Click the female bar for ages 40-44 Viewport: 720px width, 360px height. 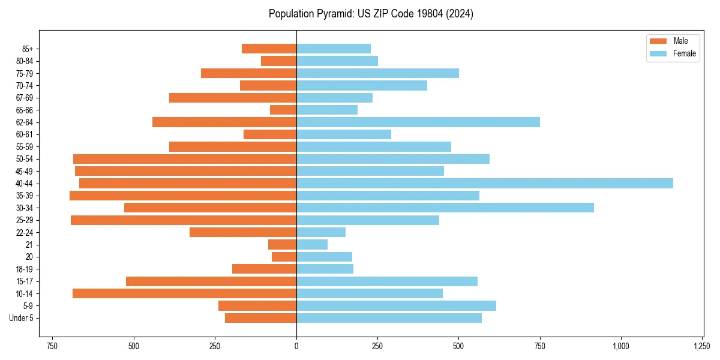(x=485, y=184)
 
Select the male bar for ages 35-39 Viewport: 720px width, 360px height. (x=183, y=196)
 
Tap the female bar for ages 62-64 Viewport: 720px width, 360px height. (x=418, y=122)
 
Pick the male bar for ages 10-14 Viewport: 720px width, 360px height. (x=184, y=293)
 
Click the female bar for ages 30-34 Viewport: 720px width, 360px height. (x=445, y=208)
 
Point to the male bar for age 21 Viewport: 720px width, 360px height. (x=282, y=245)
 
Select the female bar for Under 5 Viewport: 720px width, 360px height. (x=389, y=318)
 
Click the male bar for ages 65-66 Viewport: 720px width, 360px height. (x=283, y=110)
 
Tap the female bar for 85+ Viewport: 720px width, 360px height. (x=334, y=49)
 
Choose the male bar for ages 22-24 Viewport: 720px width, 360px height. (x=243, y=232)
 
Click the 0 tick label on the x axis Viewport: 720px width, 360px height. (x=296, y=346)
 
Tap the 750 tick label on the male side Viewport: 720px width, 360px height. (x=52, y=346)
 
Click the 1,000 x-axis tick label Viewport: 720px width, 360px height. (x=621, y=346)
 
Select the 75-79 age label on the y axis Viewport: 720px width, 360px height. (x=25, y=73)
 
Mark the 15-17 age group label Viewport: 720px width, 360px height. (x=25, y=281)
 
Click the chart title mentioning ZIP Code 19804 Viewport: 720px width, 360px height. (x=371, y=14)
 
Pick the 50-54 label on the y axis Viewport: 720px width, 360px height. (x=25, y=159)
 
